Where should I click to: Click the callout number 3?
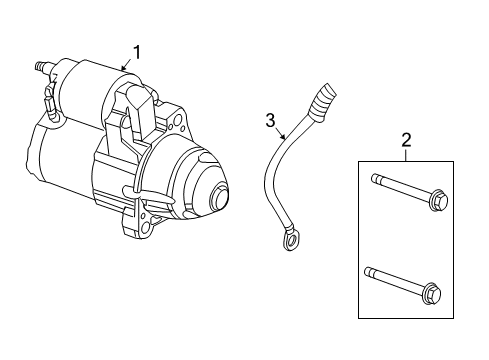268,120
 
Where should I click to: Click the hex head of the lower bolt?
432,294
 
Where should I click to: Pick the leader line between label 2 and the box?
406,154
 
